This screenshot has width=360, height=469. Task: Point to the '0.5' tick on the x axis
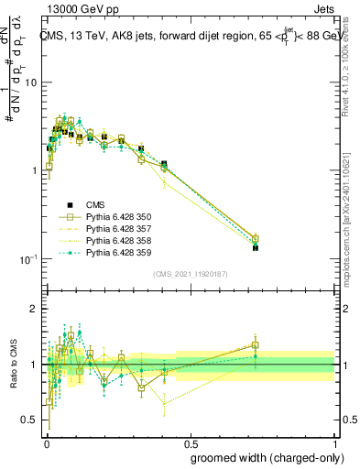click(x=190, y=442)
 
